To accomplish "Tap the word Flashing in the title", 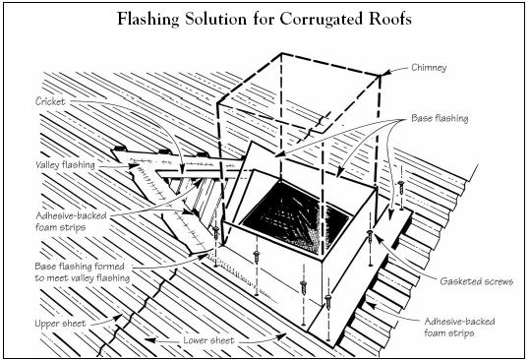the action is (148, 20).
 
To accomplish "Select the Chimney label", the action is (429, 68).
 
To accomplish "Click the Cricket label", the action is (50, 101).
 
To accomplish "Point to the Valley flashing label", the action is (66, 165).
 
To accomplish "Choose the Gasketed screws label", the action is (476, 281).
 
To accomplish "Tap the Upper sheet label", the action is (60, 324).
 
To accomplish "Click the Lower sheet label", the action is (208, 340).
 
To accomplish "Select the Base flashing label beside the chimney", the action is (440, 118).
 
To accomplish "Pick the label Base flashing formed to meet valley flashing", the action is (83, 271).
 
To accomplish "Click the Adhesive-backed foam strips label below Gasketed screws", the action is (459, 327).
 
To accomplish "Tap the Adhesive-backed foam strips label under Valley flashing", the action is (71, 221).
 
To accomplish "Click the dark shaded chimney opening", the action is (295, 216).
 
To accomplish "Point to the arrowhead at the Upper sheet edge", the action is (118, 317).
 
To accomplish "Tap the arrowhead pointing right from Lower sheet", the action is (282, 335).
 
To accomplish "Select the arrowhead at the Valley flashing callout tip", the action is (136, 165).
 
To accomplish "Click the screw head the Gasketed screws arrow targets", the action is (371, 232).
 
